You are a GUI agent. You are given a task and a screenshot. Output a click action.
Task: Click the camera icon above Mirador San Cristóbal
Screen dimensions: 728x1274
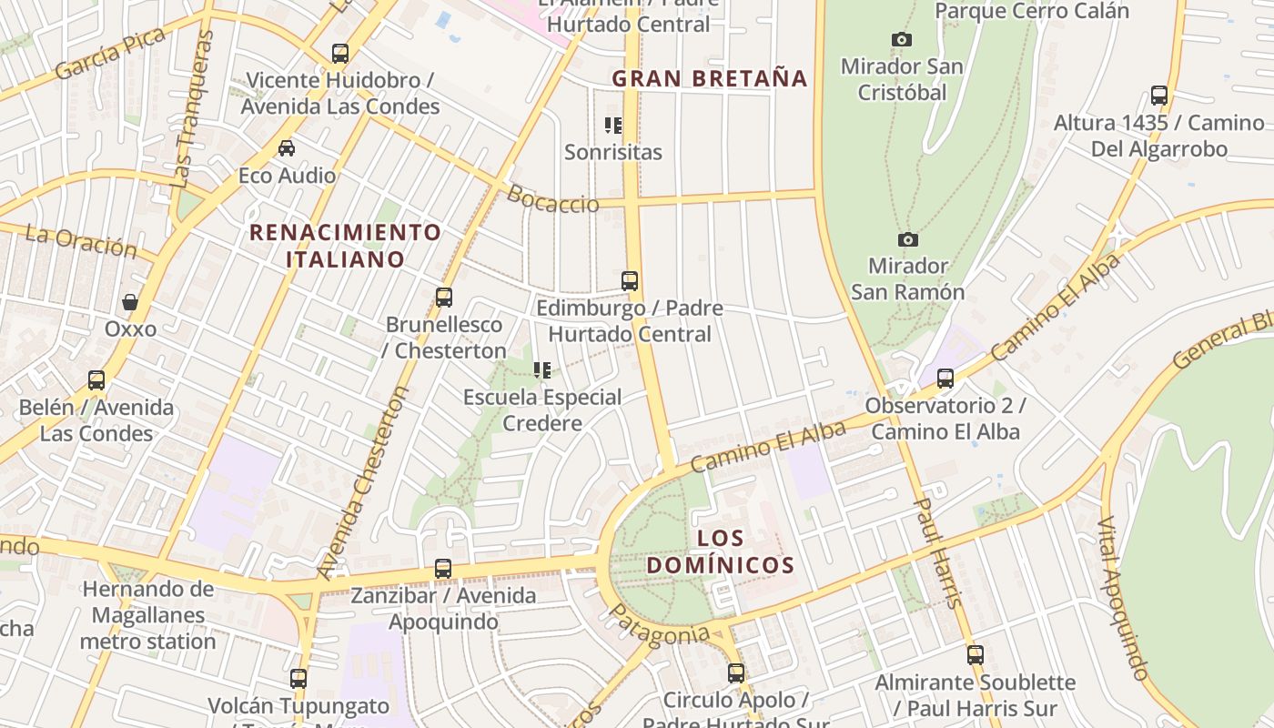click(x=902, y=39)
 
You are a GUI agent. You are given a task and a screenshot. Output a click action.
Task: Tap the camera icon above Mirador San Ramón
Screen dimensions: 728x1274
click(x=907, y=239)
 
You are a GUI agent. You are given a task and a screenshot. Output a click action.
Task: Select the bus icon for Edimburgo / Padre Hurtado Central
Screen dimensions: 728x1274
click(x=630, y=280)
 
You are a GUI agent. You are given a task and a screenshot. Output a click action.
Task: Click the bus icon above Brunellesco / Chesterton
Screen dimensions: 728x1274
click(x=444, y=297)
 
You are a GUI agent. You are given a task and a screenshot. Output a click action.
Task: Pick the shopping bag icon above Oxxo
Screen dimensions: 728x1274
click(x=130, y=301)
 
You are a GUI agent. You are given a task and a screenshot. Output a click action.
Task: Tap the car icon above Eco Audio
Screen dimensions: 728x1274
click(x=287, y=147)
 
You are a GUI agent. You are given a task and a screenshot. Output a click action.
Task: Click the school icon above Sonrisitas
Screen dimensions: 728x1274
click(x=613, y=125)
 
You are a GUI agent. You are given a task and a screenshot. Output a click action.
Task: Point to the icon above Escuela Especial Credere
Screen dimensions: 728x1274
click(x=542, y=369)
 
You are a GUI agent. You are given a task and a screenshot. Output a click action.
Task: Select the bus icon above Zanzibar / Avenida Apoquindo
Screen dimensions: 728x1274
click(x=443, y=569)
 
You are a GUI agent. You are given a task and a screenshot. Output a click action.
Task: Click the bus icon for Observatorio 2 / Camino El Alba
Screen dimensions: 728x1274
click(x=945, y=378)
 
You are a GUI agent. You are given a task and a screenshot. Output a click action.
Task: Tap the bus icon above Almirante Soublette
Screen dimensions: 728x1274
click(x=976, y=654)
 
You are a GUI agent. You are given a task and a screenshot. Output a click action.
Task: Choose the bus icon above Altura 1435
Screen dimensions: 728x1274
click(x=1159, y=95)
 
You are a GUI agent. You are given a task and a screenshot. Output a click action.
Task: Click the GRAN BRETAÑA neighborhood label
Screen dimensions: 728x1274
click(x=710, y=78)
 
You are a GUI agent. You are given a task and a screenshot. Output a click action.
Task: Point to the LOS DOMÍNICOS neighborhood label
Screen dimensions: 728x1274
click(x=721, y=551)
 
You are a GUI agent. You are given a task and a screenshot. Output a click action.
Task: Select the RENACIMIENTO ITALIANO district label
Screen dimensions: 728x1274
click(x=346, y=246)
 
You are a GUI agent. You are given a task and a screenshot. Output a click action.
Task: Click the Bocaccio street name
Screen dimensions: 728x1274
click(x=552, y=199)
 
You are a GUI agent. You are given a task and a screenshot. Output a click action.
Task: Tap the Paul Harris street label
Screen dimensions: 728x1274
click(x=937, y=551)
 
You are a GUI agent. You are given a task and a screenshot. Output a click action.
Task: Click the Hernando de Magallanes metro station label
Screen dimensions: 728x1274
click(x=148, y=615)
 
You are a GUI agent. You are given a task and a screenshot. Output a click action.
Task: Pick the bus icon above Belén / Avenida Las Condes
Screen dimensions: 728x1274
click(x=96, y=379)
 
